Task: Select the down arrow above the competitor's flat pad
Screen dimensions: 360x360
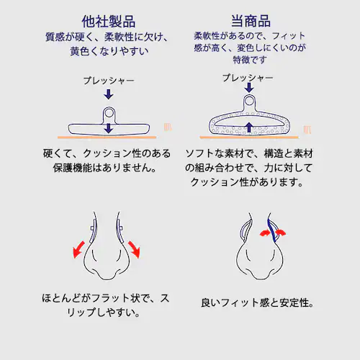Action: [109, 94]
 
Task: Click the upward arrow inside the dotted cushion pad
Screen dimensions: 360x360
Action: [248, 128]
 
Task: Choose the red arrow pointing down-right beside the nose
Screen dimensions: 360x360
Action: [134, 249]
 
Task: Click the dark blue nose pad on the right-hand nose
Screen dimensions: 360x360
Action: [271, 230]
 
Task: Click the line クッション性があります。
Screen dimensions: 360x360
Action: [248, 182]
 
